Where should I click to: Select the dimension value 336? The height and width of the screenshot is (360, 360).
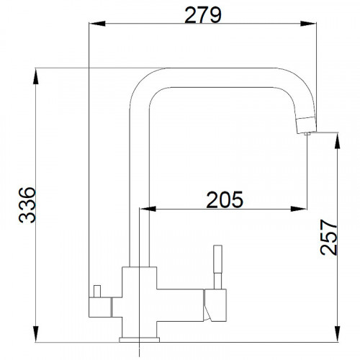pyautogui.click(x=25, y=204)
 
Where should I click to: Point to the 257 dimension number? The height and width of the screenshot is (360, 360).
pyautogui.click(x=327, y=238)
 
